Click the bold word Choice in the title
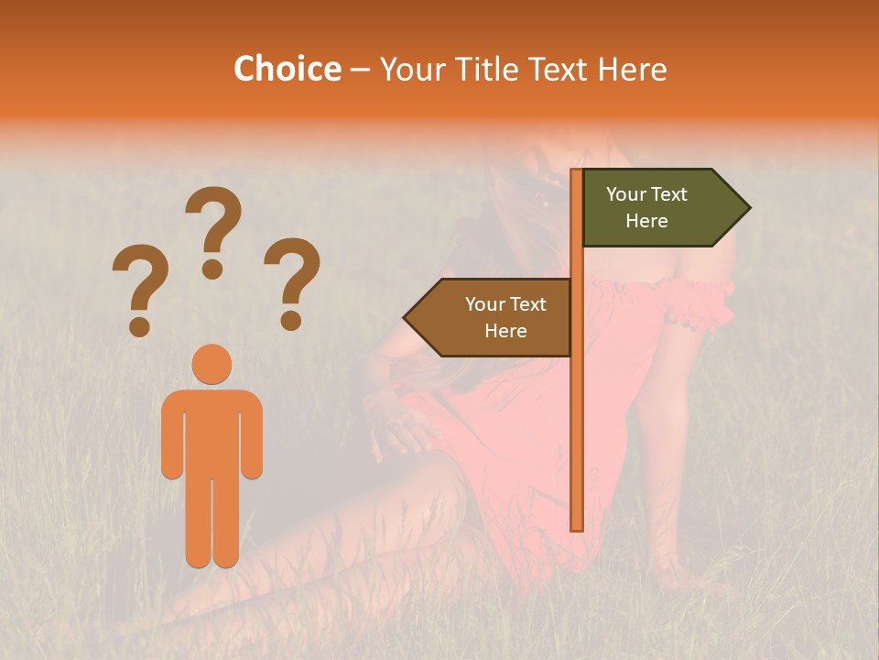point(287,69)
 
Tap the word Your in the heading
point(415,69)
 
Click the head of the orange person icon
point(212,365)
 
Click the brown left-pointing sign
point(494,317)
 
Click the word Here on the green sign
point(646,221)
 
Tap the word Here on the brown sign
point(505,331)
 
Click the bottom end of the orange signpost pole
point(577,526)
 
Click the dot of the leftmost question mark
point(139,326)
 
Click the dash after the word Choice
point(360,71)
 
